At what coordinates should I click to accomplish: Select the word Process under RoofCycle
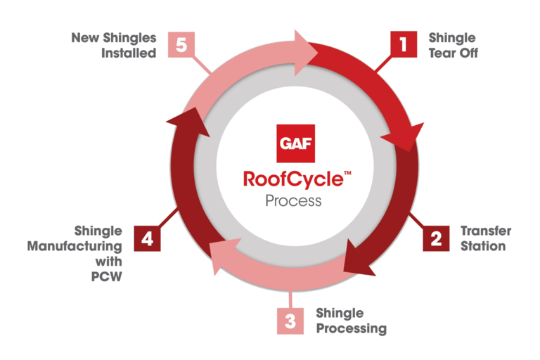click(x=293, y=201)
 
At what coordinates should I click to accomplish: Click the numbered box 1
click(x=404, y=45)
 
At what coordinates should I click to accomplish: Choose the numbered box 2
click(x=436, y=238)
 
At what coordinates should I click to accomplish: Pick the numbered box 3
click(x=290, y=321)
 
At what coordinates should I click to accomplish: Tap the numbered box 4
click(x=148, y=238)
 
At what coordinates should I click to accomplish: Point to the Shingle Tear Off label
click(x=452, y=45)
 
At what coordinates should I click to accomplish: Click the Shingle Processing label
click(x=351, y=321)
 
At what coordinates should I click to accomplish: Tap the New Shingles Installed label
click(x=113, y=45)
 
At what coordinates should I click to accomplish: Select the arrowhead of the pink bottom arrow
click(x=219, y=253)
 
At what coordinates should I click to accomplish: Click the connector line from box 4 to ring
click(x=169, y=219)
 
